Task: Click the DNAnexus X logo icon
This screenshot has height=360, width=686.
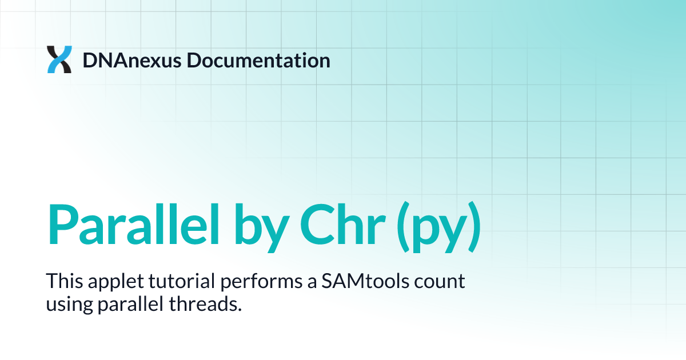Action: point(59,59)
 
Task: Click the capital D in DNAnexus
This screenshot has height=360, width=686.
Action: point(90,60)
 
